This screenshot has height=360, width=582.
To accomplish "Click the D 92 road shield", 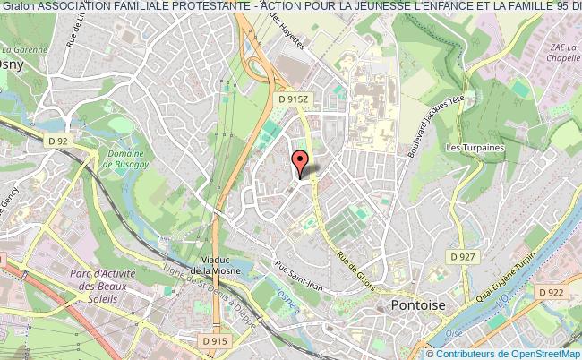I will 59,141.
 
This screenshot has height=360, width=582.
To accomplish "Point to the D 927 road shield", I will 463,257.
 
